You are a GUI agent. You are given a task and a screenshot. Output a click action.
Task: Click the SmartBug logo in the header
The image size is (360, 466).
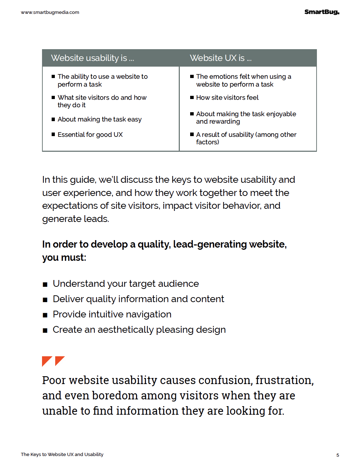(322, 12)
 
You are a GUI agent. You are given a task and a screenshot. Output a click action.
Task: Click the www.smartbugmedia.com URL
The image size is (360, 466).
(50, 12)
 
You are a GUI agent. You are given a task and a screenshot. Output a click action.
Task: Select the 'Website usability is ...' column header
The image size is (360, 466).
(93, 58)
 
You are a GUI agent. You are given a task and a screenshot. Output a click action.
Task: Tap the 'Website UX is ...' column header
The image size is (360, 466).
(221, 58)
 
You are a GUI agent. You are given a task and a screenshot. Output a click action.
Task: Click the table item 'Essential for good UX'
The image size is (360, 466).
(90, 135)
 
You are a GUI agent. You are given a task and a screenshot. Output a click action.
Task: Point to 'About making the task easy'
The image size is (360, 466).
(100, 119)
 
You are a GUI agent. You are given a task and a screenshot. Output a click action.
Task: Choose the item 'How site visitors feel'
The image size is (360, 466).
(227, 98)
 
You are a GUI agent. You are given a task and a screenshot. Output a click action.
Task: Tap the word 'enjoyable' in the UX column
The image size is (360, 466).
(281, 114)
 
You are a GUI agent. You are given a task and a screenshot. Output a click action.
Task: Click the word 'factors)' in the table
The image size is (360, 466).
(208, 142)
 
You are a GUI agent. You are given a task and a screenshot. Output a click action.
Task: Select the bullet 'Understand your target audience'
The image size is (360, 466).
(126, 284)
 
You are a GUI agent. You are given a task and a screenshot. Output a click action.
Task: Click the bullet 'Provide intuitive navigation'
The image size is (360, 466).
(112, 314)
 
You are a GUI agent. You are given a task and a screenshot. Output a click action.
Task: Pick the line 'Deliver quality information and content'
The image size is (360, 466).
(139, 299)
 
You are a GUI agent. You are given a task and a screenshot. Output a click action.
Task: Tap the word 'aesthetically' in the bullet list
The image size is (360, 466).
(125, 330)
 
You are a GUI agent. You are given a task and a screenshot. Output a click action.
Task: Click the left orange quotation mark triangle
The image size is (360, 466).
(46, 361)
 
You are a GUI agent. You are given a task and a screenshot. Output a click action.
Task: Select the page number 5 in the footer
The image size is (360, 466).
(338, 455)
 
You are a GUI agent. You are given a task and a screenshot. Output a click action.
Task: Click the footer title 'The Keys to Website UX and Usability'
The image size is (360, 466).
(62, 455)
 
